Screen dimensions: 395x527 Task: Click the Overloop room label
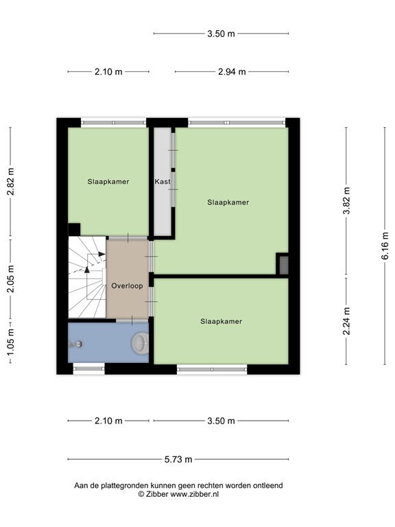127,285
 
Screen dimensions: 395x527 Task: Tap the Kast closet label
163,181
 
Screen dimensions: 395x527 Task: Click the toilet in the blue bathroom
140,343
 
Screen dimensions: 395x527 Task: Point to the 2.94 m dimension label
232,71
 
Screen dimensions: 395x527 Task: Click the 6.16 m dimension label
385,246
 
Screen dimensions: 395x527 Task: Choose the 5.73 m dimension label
178,459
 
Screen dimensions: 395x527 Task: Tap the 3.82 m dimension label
346,200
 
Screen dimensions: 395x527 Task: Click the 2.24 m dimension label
346,321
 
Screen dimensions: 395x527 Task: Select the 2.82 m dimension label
11,181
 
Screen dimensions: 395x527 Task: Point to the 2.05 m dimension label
11,279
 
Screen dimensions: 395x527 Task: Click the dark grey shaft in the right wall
284,265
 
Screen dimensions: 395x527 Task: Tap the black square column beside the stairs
74,230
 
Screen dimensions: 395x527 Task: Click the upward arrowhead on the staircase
87,269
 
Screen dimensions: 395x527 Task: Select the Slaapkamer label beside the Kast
228,202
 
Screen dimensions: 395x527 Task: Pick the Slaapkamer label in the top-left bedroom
108,181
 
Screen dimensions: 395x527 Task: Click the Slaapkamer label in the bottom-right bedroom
221,321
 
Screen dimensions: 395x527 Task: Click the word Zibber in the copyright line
156,494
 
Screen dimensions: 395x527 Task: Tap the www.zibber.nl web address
195,494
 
